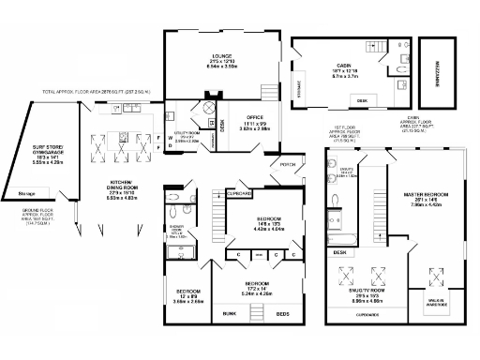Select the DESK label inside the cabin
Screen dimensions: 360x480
[363, 98]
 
